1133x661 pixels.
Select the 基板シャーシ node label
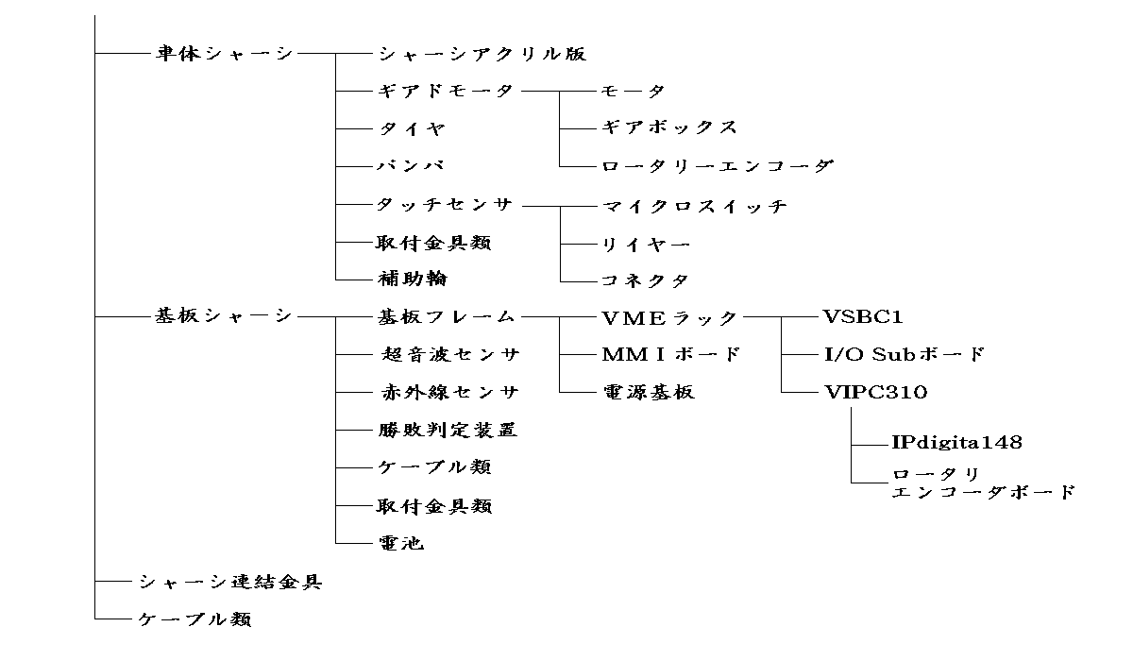226,316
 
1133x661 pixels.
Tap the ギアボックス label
668,127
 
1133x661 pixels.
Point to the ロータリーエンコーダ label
718,166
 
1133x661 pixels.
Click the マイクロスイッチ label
694,206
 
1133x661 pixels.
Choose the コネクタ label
645,280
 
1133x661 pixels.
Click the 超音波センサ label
451,355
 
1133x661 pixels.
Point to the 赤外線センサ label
451,392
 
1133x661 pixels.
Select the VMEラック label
669,316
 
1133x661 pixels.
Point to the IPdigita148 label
956,442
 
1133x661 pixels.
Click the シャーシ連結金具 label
230,582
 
